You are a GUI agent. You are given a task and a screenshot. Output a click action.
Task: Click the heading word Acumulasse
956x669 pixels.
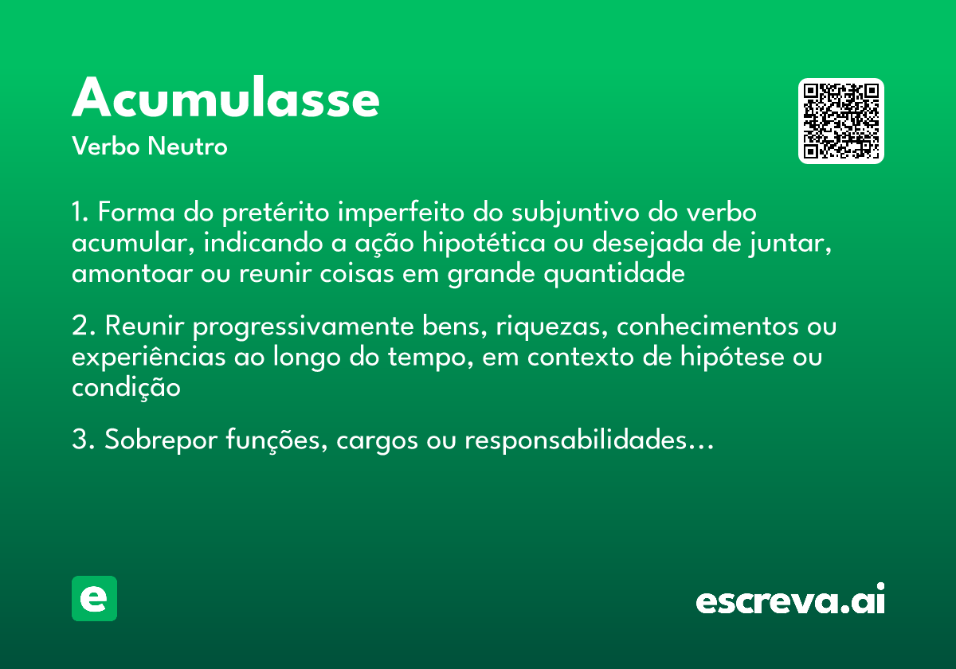pyautogui.click(x=225, y=99)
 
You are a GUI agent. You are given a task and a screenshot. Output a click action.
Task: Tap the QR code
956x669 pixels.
pyautogui.click(x=841, y=121)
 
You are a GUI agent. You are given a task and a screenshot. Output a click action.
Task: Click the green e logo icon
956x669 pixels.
pyautogui.click(x=94, y=598)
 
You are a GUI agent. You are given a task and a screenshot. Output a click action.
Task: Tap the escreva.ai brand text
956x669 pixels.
pyautogui.click(x=790, y=601)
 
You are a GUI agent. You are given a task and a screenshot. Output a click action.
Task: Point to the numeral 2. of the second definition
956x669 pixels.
pyautogui.click(x=83, y=327)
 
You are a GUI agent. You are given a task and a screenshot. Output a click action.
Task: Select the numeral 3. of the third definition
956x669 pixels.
pyautogui.click(x=83, y=440)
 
